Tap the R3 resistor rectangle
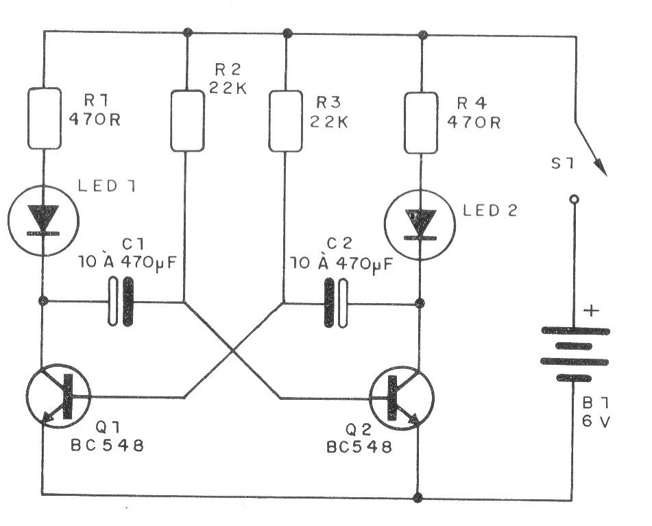(285, 120)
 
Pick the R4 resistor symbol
(420, 120)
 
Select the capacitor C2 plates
(335, 302)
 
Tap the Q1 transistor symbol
(59, 399)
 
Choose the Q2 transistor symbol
(402, 399)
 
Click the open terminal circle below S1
(575, 200)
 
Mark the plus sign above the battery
(591, 311)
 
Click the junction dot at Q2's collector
(420, 302)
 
